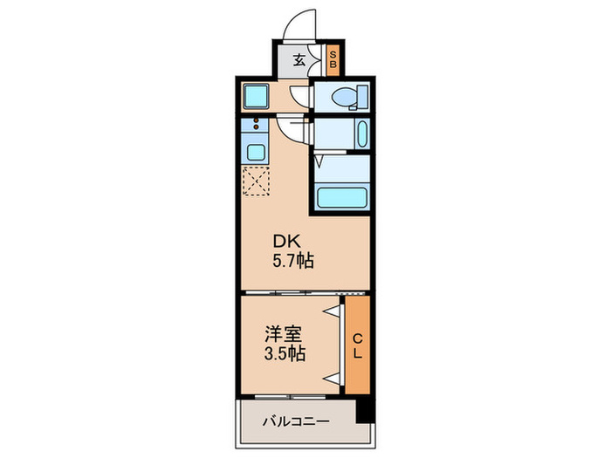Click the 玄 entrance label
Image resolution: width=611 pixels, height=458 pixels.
[299, 60]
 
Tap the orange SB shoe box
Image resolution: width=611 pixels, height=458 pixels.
[333, 60]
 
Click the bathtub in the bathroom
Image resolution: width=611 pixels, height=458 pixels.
[341, 196]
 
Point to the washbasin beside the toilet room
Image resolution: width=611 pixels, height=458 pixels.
[363, 133]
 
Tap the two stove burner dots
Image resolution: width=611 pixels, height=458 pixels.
[257, 128]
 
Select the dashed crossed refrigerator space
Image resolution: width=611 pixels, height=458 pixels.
[257, 182]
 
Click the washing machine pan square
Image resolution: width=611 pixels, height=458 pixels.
[256, 95]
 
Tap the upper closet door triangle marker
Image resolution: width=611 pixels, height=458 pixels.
[333, 311]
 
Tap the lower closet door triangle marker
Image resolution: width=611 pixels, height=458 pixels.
[333, 378]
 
